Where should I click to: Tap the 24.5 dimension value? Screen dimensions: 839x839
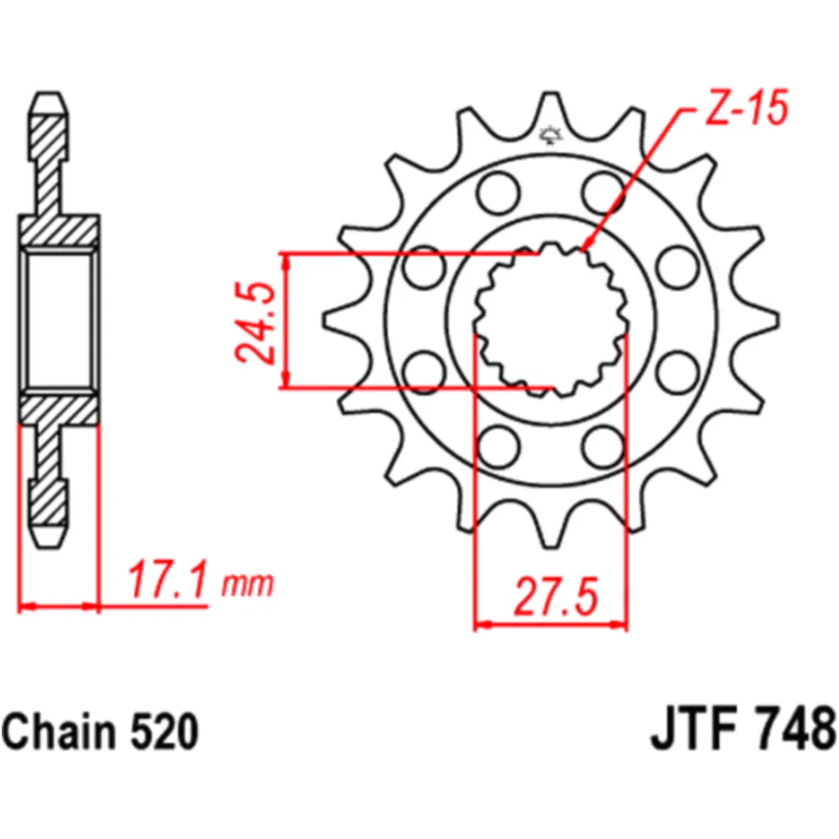[254, 322]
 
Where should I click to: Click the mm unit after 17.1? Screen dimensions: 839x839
[248, 584]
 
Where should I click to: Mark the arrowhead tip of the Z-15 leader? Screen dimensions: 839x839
[582, 249]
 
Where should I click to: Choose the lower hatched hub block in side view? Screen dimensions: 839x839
[60, 409]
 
